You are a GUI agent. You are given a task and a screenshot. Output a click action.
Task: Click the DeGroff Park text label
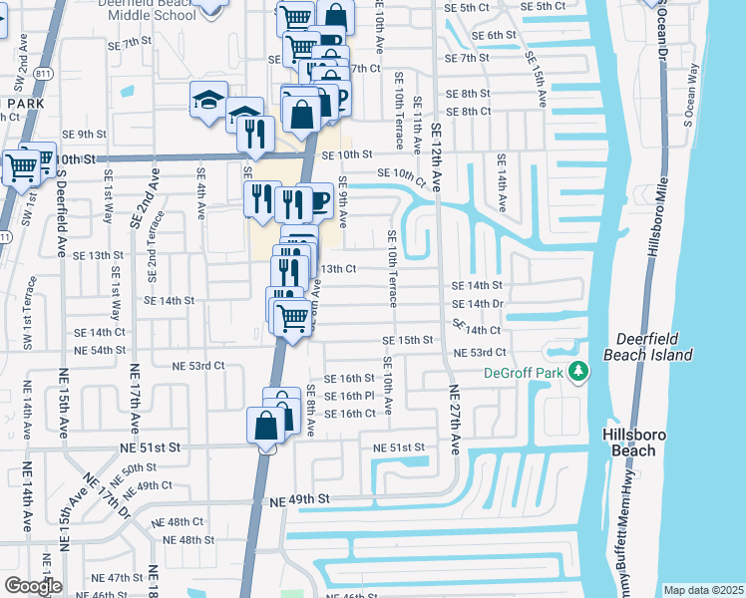coord(524,373)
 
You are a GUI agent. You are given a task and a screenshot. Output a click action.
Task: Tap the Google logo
coord(33,586)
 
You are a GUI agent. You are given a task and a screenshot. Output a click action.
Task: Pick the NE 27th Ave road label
coord(453,420)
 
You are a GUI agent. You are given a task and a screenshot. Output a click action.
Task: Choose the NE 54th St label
coord(100,350)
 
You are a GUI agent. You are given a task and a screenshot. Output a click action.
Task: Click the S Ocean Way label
coord(689,96)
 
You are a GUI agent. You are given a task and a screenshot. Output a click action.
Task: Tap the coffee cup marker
coord(316,200)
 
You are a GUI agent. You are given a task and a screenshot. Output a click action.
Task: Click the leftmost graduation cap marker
coord(209,100)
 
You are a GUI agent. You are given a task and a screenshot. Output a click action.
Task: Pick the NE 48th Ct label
coord(186,521)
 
